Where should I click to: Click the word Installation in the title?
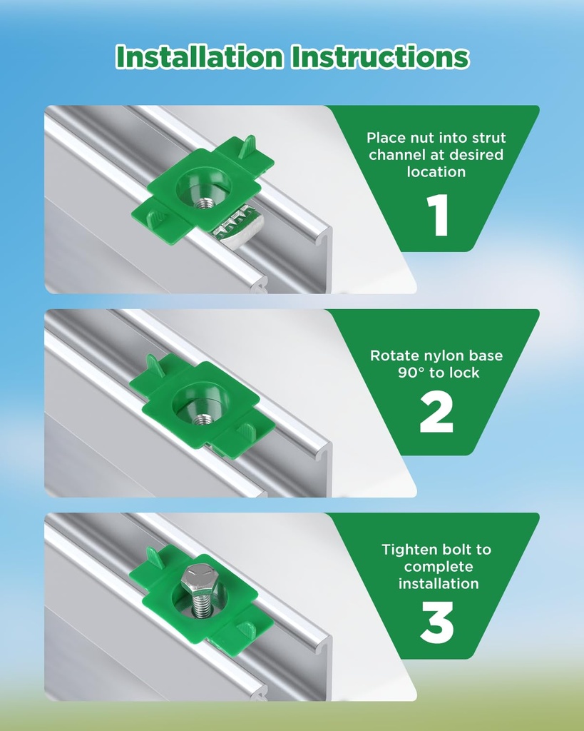tap(199, 57)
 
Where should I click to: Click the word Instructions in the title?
tap(380, 57)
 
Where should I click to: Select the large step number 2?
tap(436, 412)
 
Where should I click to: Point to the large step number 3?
tap(437, 622)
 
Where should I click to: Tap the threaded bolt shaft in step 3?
tap(201, 605)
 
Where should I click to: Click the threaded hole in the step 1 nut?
tap(203, 203)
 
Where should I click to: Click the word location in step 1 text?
tap(436, 172)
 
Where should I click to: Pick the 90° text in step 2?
tap(411, 373)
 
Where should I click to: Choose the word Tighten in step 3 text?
tap(409, 550)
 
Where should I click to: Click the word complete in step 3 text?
tap(439, 568)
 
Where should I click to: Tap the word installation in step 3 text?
tap(439, 584)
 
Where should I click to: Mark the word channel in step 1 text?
tap(398, 155)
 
